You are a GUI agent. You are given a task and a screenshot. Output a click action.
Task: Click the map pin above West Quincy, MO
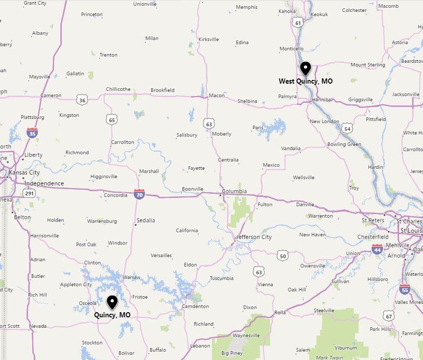click(x=306, y=69)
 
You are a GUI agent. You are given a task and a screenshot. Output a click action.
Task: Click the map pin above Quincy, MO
click(x=112, y=302)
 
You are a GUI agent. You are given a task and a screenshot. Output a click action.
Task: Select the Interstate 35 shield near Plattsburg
click(x=32, y=133)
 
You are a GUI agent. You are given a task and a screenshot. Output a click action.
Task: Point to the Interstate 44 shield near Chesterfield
click(x=377, y=249)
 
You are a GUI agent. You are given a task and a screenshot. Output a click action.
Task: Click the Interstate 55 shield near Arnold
click(x=405, y=290)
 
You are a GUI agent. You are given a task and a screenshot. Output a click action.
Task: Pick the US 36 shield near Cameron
click(x=81, y=99)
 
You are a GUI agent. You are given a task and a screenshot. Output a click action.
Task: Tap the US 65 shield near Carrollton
click(x=112, y=120)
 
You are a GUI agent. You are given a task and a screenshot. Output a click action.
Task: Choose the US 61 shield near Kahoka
click(x=297, y=22)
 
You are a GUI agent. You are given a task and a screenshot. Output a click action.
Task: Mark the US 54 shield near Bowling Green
click(x=348, y=128)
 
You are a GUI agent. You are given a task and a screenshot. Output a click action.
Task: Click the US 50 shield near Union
click(x=282, y=255)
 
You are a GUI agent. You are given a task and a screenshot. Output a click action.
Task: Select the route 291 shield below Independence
click(x=29, y=193)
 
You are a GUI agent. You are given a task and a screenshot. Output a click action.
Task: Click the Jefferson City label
click(x=254, y=237)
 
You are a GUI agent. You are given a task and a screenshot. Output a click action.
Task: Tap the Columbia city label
click(x=234, y=191)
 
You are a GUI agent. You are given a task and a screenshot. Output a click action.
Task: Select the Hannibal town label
click(x=322, y=99)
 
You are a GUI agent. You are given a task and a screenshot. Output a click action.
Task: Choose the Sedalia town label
click(x=146, y=220)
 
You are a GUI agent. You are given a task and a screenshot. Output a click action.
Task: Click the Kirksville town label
click(x=208, y=39)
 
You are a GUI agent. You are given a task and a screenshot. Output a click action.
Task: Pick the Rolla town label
click(x=280, y=312)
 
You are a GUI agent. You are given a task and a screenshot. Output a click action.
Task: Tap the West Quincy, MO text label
click(x=306, y=82)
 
